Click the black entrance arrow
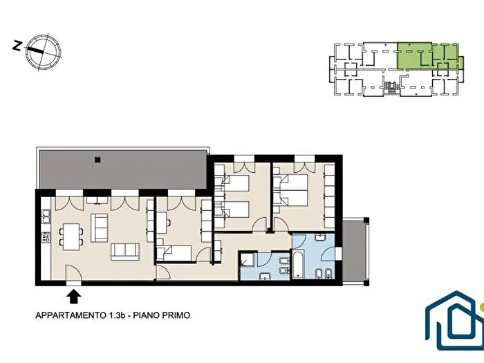(x=74, y=297)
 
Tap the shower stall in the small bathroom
(x=248, y=261)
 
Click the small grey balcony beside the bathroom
(x=354, y=252)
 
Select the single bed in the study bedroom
(x=177, y=252)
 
